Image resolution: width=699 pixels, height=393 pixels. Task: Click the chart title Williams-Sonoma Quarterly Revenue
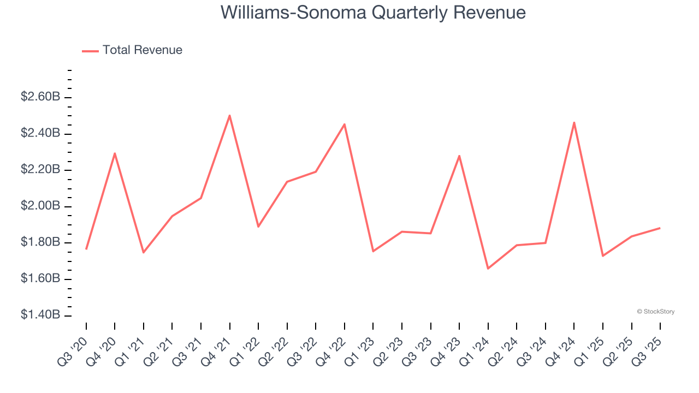click(373, 13)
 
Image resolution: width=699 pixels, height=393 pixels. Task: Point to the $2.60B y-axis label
click(40, 97)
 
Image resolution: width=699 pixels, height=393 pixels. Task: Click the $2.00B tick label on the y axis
click(40, 206)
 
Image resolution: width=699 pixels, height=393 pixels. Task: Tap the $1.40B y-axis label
click(40, 315)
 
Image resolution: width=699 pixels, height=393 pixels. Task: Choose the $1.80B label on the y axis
click(40, 242)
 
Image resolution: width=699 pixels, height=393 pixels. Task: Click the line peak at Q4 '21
click(229, 115)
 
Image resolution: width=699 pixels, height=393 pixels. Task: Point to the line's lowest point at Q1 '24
click(488, 269)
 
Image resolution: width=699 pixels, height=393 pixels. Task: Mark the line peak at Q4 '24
click(574, 122)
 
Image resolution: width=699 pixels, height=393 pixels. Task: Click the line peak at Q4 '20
click(115, 153)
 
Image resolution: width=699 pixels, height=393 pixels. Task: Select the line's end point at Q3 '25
click(660, 228)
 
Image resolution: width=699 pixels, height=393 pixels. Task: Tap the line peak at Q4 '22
click(345, 124)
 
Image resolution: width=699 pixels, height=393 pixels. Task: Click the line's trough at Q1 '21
click(144, 252)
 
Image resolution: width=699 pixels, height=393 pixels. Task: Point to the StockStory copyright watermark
click(655, 312)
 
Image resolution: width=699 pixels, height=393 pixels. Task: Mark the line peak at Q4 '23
click(459, 156)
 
